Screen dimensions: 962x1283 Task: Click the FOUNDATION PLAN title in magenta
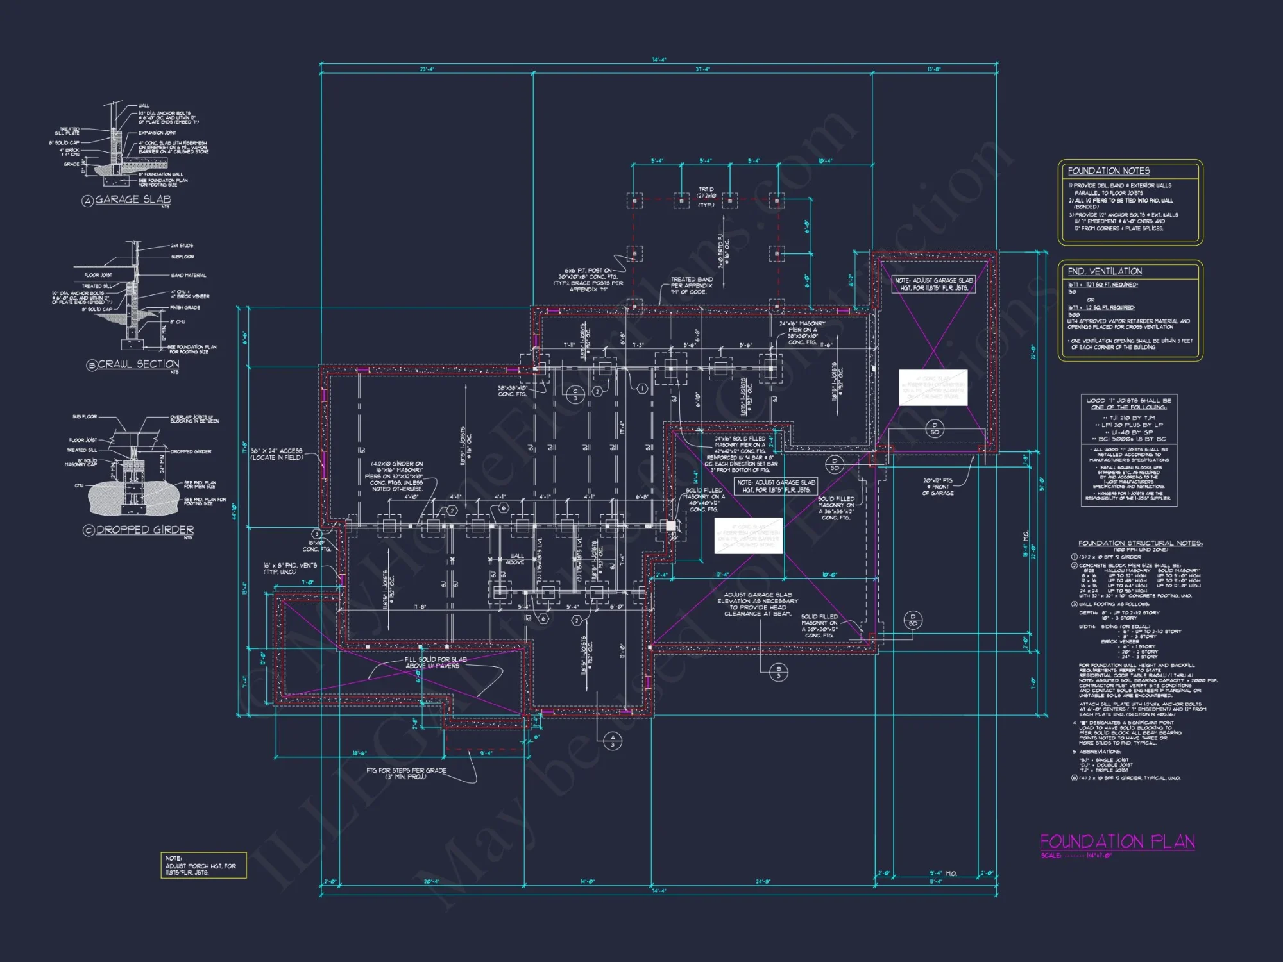pyautogui.click(x=1117, y=841)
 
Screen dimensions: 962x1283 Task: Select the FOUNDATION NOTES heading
pyautogui.click(x=1109, y=171)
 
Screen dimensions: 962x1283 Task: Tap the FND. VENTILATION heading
pyautogui.click(x=1105, y=271)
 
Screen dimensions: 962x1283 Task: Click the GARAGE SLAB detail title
pyautogui.click(x=133, y=199)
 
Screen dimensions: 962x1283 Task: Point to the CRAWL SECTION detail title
pyautogui.click(x=138, y=364)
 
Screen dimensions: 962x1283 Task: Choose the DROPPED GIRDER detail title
pyautogui.click(x=145, y=530)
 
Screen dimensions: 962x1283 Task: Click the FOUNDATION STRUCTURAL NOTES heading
pyautogui.click(x=1140, y=543)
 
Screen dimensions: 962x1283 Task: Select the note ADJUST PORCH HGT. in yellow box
pyautogui.click(x=201, y=866)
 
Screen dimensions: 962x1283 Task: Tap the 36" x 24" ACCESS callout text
pyautogui.click(x=276, y=454)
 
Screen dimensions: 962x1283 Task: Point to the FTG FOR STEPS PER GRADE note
pyautogui.click(x=406, y=773)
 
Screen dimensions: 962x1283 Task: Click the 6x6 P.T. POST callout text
pyautogui.click(x=588, y=280)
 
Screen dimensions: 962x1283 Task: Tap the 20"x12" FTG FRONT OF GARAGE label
pyautogui.click(x=938, y=487)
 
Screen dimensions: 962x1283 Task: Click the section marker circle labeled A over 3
pyautogui.click(x=612, y=741)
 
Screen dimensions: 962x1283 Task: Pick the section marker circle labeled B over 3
pyautogui.click(x=778, y=672)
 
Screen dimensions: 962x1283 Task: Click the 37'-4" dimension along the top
pyautogui.click(x=702, y=69)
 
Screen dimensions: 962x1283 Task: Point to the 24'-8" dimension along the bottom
pyautogui.click(x=762, y=882)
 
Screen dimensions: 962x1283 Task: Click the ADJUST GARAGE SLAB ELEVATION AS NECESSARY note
pyautogui.click(x=757, y=604)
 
